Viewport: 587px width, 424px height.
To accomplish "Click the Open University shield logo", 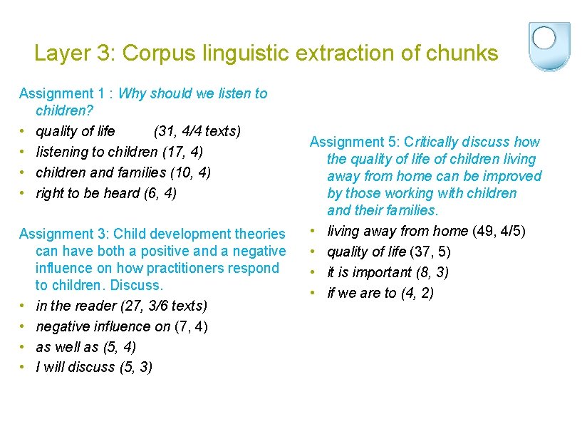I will pyautogui.click(x=550, y=45).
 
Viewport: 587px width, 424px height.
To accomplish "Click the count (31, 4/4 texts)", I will pyautogui.click(x=197, y=131).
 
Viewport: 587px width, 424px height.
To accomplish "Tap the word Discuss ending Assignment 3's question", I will pyautogui.click(x=139, y=285).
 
